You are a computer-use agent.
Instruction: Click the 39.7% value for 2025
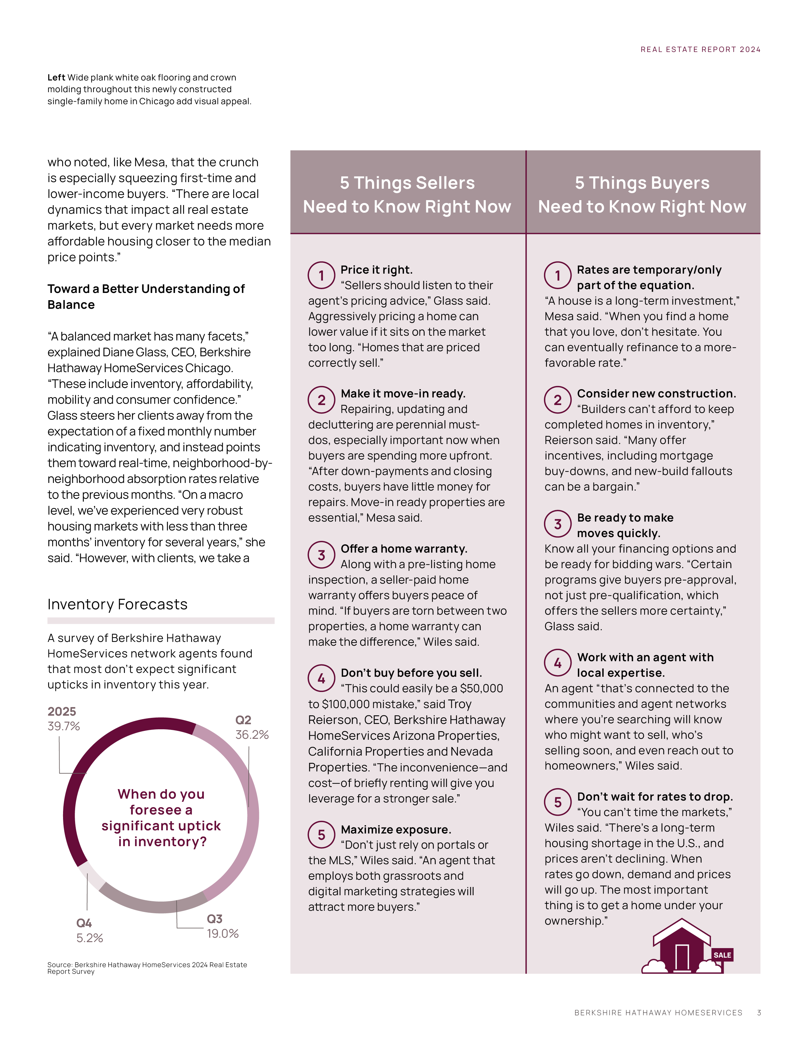[64, 726]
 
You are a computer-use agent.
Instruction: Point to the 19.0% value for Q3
[222, 934]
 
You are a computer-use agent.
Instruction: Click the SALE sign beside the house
[722, 955]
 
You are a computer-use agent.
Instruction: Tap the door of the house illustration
[682, 957]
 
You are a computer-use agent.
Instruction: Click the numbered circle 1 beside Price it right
[321, 275]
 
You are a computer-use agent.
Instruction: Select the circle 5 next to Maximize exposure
[321, 835]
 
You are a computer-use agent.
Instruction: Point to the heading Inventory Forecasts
[117, 604]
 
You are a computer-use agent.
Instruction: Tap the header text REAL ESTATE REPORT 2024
[700, 50]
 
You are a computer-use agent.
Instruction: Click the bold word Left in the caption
[56, 78]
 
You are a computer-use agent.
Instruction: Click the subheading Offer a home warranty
[403, 549]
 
